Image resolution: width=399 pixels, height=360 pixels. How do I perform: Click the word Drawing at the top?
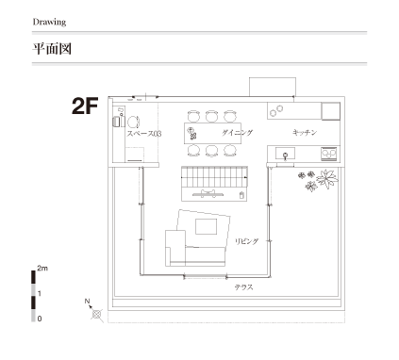pos(49,22)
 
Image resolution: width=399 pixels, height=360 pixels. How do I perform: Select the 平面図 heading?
pos(52,49)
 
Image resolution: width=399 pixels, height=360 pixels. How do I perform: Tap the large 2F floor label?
pos(85,106)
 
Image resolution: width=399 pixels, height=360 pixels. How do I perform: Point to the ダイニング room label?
pos(237,133)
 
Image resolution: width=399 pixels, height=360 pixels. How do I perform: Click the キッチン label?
pos(305,132)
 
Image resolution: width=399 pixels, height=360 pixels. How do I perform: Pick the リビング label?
pos(247,241)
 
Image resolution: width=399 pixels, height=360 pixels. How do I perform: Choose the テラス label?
pos(243,287)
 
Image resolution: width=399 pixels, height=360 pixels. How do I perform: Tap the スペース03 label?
pos(144,134)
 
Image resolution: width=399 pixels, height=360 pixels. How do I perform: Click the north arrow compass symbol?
pos(97,314)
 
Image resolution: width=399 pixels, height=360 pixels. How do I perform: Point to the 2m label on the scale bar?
pos(42,269)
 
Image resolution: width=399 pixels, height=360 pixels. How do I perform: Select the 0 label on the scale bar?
pos(40,319)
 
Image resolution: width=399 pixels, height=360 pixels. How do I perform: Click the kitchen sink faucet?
pos(286,155)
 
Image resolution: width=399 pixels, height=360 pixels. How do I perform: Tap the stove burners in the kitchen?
pos(329,154)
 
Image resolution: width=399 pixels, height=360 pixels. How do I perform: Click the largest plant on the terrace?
pos(327,178)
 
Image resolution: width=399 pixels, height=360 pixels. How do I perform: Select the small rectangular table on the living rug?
pos(206,226)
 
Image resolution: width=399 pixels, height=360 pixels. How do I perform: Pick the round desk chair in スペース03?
pos(133,122)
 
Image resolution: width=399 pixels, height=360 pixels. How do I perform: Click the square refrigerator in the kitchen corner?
pos(331,111)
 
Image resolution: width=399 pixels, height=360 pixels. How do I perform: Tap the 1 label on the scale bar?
pos(40,294)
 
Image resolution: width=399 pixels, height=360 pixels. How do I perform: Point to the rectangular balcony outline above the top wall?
pos(273,87)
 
